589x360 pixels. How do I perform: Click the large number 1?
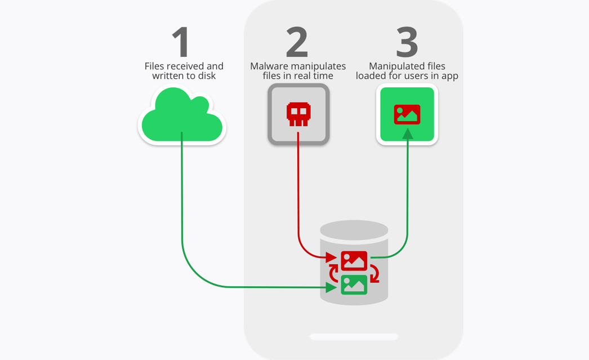click(181, 42)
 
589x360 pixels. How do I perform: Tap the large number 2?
click(297, 42)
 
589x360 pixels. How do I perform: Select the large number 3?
click(407, 42)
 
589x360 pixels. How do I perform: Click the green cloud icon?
click(181, 117)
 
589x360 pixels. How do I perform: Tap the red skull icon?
click(298, 114)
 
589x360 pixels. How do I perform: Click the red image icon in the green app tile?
click(407, 114)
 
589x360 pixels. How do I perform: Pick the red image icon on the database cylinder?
click(354, 261)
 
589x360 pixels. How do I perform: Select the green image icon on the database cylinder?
click(354, 285)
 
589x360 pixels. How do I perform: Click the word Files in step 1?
click(155, 66)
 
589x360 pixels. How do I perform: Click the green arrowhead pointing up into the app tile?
click(408, 134)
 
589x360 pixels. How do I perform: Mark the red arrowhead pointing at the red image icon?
click(332, 258)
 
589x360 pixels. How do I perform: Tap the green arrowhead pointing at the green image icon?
click(332, 288)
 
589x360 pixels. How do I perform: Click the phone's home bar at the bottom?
click(354, 337)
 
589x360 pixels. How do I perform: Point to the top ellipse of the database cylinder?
click(354, 230)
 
